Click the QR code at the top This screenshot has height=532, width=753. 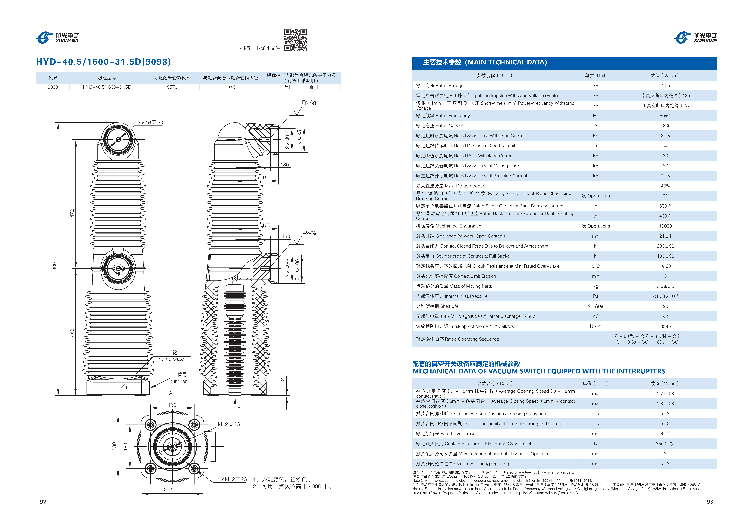click(x=295, y=40)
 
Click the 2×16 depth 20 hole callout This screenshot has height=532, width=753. click(x=150, y=123)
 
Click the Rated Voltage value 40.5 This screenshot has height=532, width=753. click(x=665, y=86)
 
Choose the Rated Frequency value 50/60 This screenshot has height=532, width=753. click(x=665, y=116)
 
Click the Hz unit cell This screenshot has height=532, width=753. click(x=596, y=116)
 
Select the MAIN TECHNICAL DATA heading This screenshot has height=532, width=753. click(x=485, y=62)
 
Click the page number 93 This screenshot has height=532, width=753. click(x=710, y=502)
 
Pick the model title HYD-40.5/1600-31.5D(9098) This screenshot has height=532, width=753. click(x=103, y=62)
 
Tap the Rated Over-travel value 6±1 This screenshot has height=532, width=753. click(x=665, y=434)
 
